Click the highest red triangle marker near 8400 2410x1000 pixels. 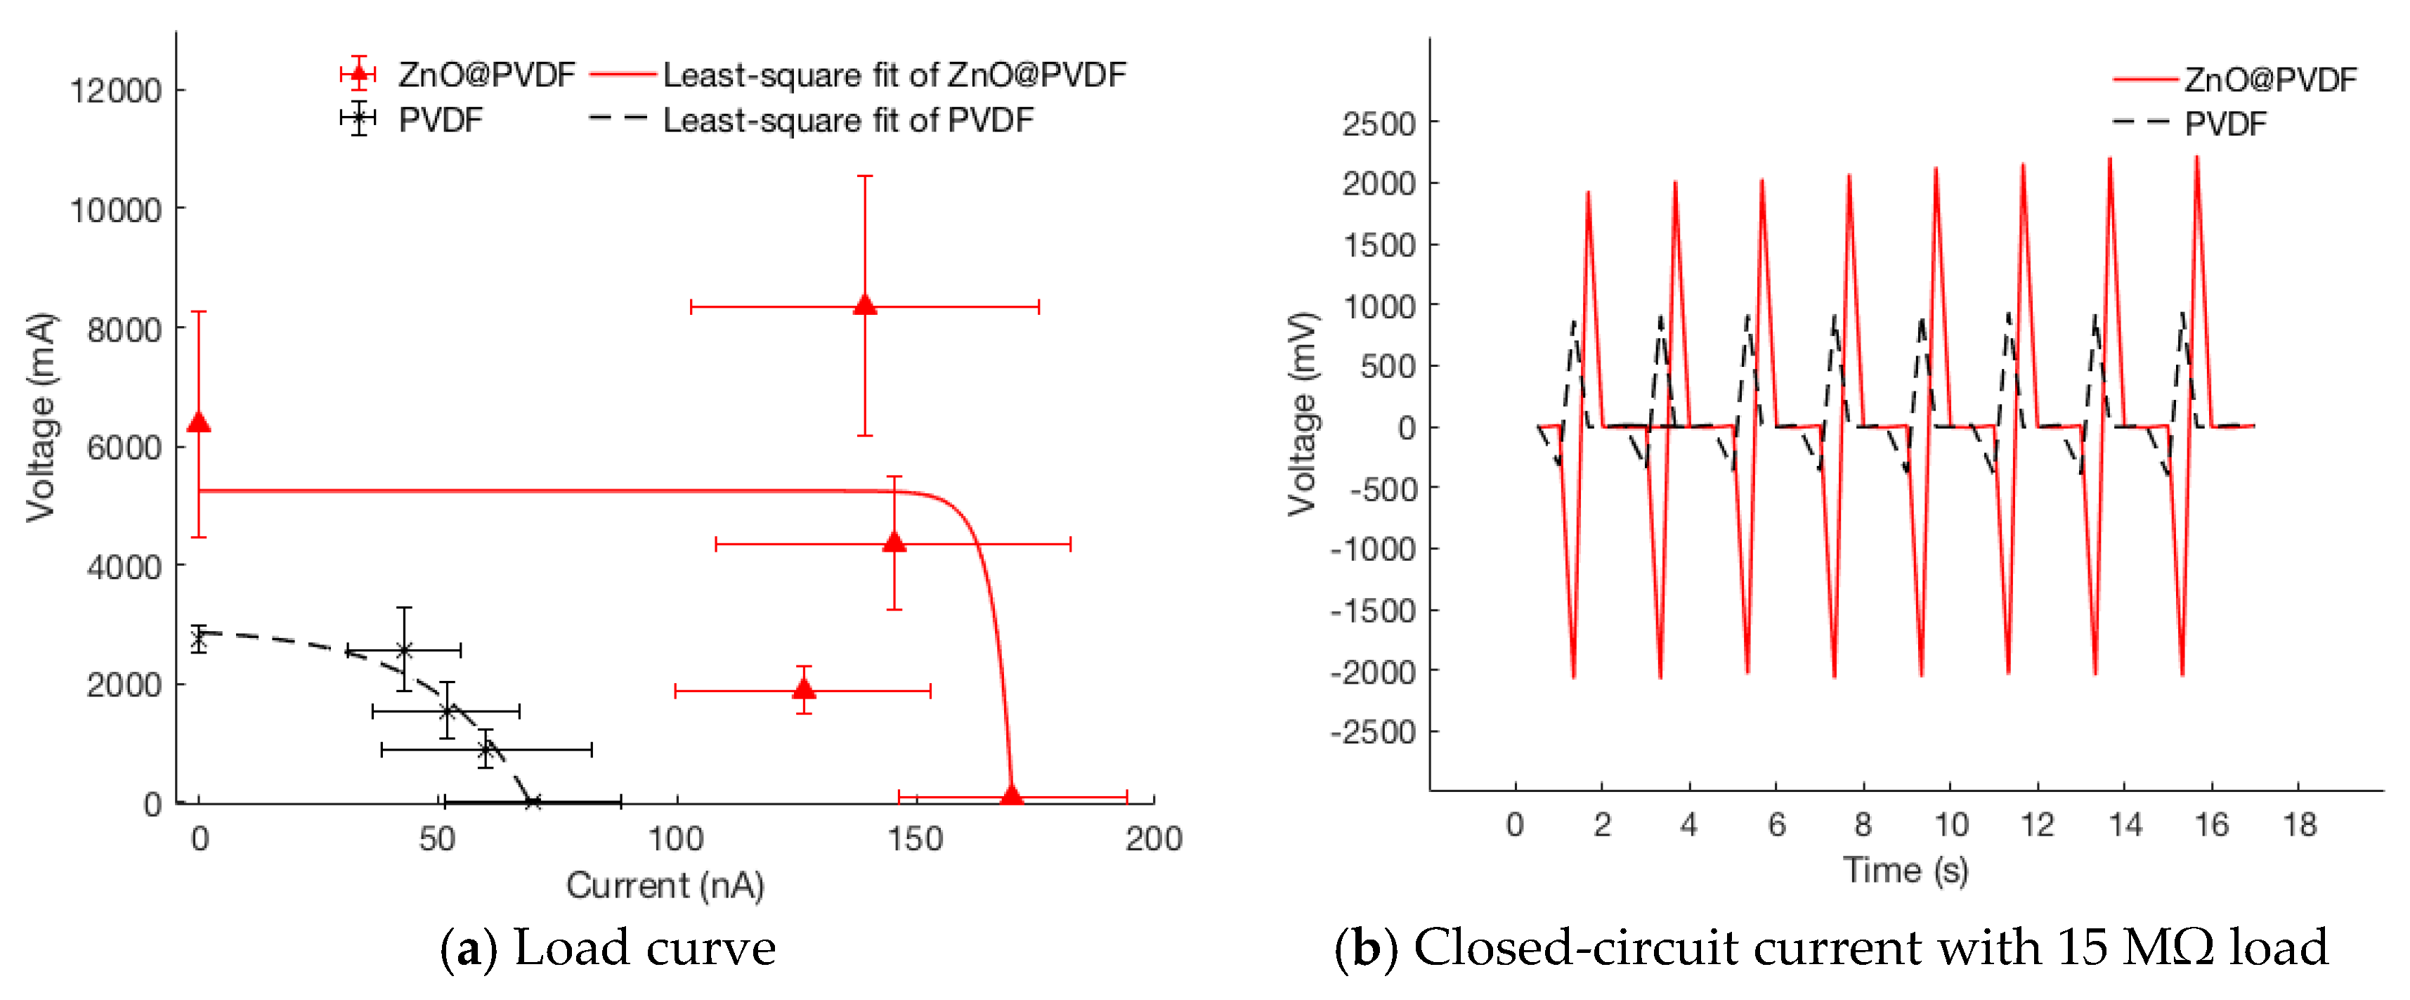[x=864, y=305]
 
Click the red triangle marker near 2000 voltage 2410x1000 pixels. [x=804, y=689]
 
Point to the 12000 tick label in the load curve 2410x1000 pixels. [x=116, y=91]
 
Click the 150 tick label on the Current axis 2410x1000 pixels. [x=915, y=838]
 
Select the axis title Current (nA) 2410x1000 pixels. [x=665, y=884]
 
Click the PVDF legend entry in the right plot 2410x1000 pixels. [x=2225, y=124]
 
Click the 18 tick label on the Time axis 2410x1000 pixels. [x=2299, y=824]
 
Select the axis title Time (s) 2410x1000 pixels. [x=1905, y=869]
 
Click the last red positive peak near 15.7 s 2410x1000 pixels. [x=2196, y=159]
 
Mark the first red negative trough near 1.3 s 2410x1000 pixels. [x=1574, y=675]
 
